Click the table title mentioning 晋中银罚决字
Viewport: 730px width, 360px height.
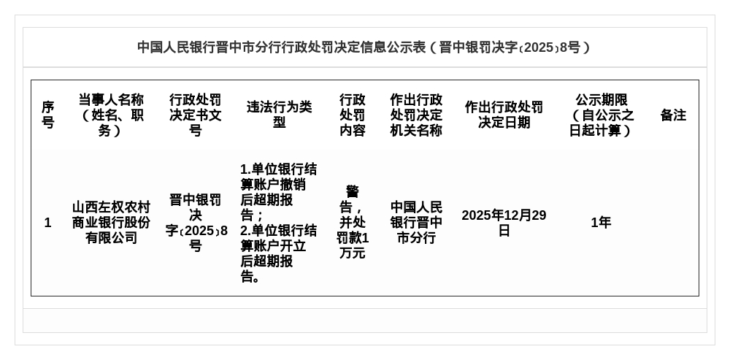[x=364, y=47]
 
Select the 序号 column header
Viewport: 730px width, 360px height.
[x=47, y=115]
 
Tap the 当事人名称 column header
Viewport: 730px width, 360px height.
[x=111, y=115]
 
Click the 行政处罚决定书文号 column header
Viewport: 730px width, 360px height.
[x=195, y=115]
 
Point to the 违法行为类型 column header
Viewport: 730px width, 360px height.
[x=279, y=115]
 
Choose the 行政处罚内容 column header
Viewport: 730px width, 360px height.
[x=353, y=115]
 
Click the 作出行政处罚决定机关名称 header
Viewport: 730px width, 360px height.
[x=416, y=115]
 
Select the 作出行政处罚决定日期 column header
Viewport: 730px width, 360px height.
[x=504, y=115]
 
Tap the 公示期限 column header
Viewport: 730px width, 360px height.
[x=601, y=115]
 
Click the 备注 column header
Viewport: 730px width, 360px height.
[x=673, y=115]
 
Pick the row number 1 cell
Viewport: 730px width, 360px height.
[x=47, y=223]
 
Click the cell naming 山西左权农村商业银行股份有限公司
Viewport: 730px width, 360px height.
[x=111, y=223]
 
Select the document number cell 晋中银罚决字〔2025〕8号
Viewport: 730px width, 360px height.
[x=195, y=223]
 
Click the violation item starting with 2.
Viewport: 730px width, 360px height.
[x=279, y=253]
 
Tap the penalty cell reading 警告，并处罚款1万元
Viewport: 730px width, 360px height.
[x=353, y=223]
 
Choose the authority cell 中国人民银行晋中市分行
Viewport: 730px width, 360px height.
[x=416, y=223]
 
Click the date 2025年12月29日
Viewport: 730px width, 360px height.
[x=504, y=223]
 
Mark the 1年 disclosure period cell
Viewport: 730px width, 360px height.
[x=601, y=223]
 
